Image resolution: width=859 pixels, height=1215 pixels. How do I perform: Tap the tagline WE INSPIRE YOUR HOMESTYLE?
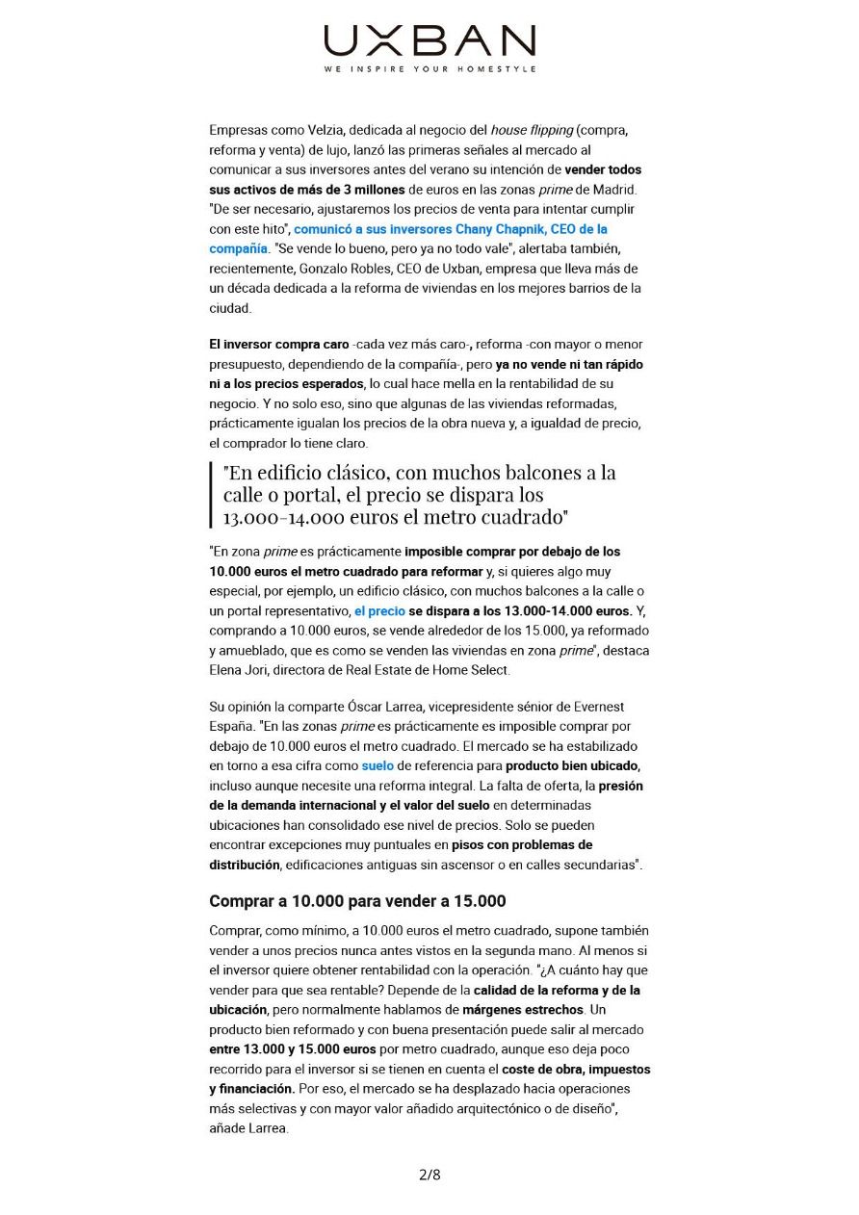tap(429, 69)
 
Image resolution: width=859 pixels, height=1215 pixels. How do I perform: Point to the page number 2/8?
tap(429, 1174)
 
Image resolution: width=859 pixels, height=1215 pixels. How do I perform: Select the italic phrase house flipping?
tap(532, 130)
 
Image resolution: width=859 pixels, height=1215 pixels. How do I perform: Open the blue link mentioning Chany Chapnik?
tap(450, 229)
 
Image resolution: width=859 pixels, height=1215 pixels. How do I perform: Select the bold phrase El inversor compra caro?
tap(278, 344)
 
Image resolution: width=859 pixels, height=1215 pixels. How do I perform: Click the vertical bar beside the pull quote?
tap(211, 495)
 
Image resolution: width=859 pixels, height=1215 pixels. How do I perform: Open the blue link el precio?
tap(379, 611)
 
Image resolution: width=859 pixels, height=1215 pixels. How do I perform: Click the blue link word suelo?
tap(377, 766)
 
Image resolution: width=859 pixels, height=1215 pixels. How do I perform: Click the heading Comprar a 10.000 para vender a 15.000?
tap(357, 901)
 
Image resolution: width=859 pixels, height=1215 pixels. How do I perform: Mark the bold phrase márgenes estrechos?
tap(523, 1010)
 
